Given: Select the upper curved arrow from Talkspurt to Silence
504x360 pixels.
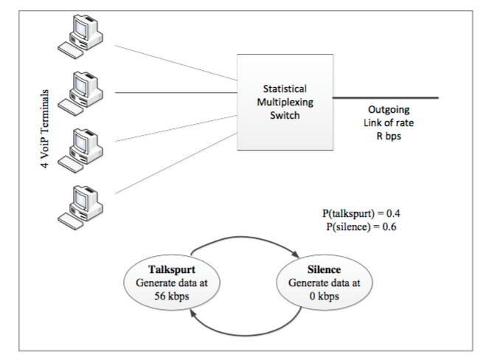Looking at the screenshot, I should (x=244, y=237).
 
